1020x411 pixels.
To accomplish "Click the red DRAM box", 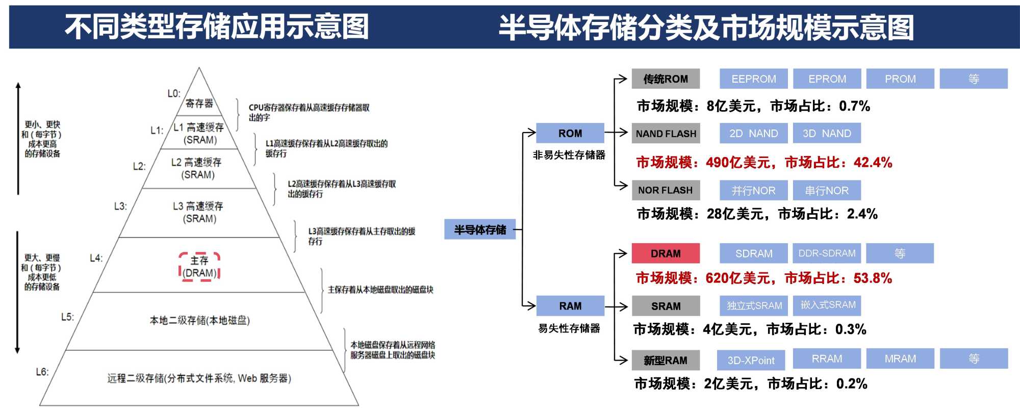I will pyautogui.click(x=666, y=253).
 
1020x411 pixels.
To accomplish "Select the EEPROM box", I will pyautogui.click(x=753, y=79).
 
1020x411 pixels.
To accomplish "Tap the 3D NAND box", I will pyautogui.click(x=827, y=134).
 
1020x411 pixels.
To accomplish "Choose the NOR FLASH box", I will pyautogui.click(x=666, y=190).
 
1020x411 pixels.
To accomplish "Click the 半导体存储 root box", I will pyautogui.click(x=480, y=230).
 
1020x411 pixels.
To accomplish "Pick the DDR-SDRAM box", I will pyautogui.click(x=827, y=253).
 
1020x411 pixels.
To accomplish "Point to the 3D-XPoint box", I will pyautogui.click(x=751, y=361).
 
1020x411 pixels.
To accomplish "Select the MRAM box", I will pyautogui.click(x=900, y=359).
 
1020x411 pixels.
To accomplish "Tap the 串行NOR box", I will pyautogui.click(x=827, y=191).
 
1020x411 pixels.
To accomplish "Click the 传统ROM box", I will pyautogui.click(x=666, y=79).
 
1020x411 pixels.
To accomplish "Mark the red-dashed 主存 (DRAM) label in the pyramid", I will pyautogui.click(x=199, y=267).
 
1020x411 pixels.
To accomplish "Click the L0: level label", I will pyautogui.click(x=174, y=94).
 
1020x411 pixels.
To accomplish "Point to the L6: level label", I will pyautogui.click(x=42, y=372).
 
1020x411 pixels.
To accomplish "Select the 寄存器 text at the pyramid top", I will pyautogui.click(x=199, y=104).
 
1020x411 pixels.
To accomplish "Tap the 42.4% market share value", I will pyautogui.click(x=873, y=163).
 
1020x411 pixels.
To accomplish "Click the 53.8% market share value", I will pyautogui.click(x=873, y=278).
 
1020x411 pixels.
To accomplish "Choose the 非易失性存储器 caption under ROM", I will pyautogui.click(x=569, y=155).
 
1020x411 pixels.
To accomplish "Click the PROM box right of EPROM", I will pyautogui.click(x=900, y=79).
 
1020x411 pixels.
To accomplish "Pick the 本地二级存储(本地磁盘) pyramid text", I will pyautogui.click(x=199, y=321).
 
